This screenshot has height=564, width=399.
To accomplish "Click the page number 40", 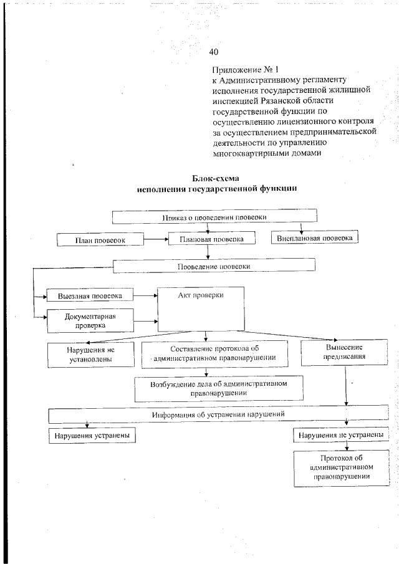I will pyautogui.click(x=214, y=52).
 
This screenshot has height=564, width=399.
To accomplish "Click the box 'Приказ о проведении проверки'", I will pyautogui.click(x=214, y=217).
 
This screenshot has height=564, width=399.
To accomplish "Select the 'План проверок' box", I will pyautogui.click(x=100, y=239).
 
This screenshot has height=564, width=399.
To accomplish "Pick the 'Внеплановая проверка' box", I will pyautogui.click(x=314, y=238).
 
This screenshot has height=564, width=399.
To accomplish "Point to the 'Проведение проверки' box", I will pyautogui.click(x=214, y=266).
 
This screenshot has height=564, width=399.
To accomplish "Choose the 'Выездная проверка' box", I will pyautogui.click(x=90, y=295).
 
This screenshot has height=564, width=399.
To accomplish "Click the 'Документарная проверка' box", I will pyautogui.click(x=90, y=320).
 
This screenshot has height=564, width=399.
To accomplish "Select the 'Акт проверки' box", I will pyautogui.click(x=201, y=308).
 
